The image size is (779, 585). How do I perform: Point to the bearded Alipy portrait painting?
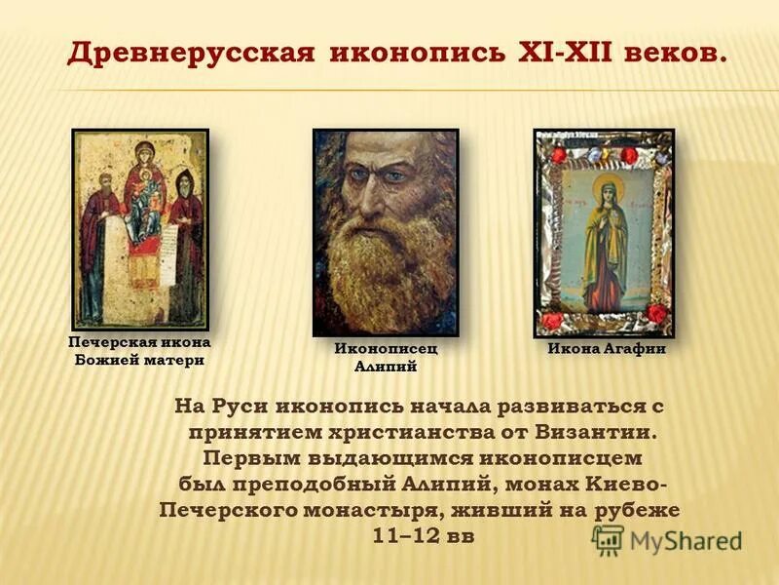(x=386, y=232)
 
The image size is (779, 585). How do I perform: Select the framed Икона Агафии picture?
(x=604, y=232)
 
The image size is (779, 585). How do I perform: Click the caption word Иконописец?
(x=386, y=348)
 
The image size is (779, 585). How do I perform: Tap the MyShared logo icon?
(x=608, y=539)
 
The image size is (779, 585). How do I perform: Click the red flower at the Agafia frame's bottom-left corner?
(x=552, y=320)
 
